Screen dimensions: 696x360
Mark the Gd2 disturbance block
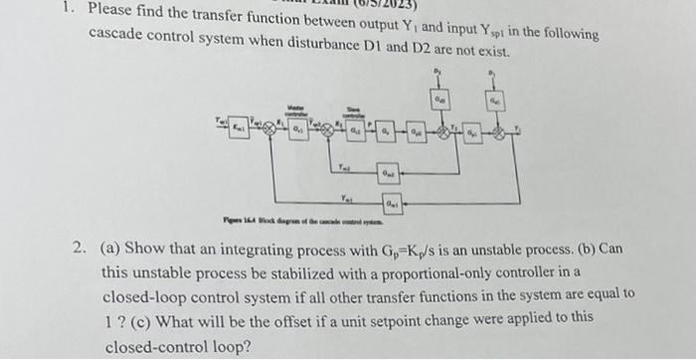(x=438, y=100)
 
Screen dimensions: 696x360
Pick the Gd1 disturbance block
(x=494, y=100)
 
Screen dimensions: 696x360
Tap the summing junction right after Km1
(x=268, y=127)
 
